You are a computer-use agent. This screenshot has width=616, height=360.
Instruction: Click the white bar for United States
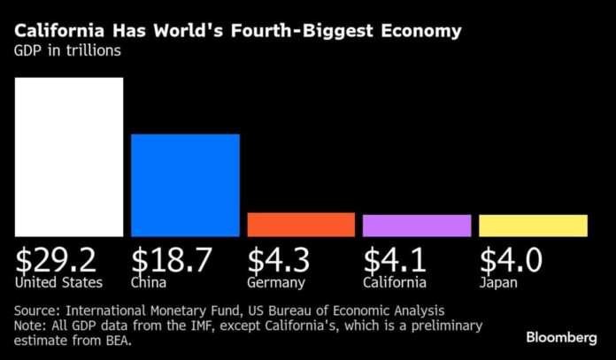pyautogui.click(x=68, y=157)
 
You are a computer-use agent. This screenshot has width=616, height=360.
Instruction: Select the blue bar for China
pyautogui.click(x=185, y=185)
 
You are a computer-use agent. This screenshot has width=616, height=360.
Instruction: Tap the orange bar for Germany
pyautogui.click(x=301, y=225)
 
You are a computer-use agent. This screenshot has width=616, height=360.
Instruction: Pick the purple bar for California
pyautogui.click(x=416, y=226)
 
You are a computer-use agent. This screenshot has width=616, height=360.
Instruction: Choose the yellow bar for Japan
pyautogui.click(x=533, y=226)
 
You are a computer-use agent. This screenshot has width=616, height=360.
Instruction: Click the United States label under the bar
pyautogui.click(x=58, y=283)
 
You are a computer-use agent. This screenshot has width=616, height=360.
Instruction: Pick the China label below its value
pyautogui.click(x=151, y=283)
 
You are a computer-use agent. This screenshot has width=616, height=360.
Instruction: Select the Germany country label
pyautogui.click(x=276, y=283)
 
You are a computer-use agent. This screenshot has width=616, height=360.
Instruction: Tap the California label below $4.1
pyautogui.click(x=395, y=283)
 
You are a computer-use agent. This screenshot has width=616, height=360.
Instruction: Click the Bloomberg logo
pyautogui.click(x=562, y=337)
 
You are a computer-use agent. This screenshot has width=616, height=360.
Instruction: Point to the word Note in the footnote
pyautogui.click(x=31, y=326)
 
